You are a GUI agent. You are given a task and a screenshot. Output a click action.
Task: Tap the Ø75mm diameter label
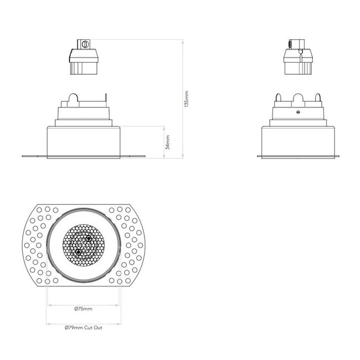(83, 308)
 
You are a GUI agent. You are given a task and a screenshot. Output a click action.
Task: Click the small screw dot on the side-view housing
(297, 112)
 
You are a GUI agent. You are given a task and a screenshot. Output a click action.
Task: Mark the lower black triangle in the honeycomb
(78, 253)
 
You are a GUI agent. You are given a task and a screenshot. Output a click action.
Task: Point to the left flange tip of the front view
(23, 156)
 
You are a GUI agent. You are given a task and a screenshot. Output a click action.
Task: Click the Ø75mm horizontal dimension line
(83, 304)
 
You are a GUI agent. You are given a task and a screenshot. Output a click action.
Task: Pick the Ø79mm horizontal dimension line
(83, 323)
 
